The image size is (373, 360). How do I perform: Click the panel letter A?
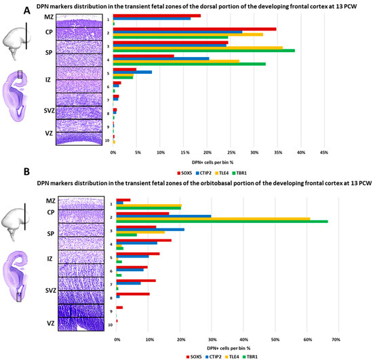(x=6, y=9)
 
